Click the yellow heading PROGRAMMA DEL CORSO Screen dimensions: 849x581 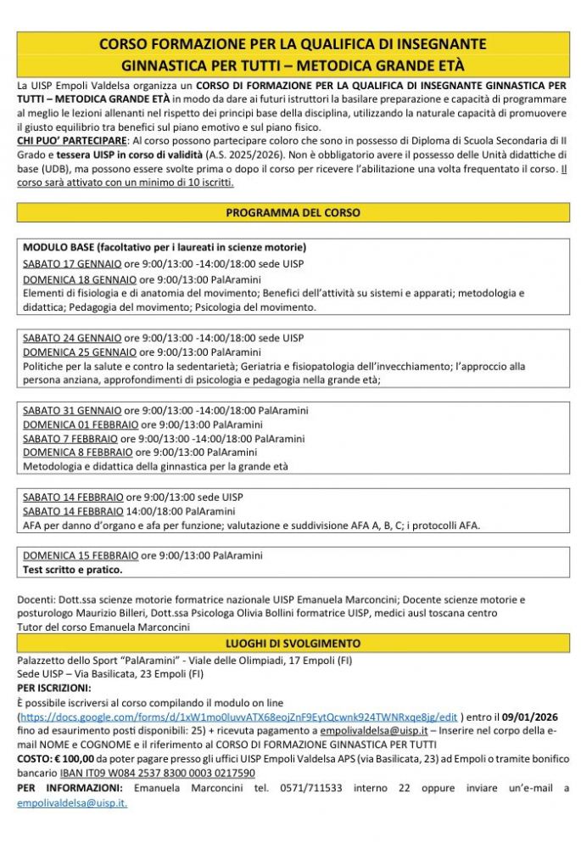click(293, 212)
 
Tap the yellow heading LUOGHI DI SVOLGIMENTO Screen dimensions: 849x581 click(293, 644)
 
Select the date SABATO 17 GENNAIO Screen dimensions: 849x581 click(72, 264)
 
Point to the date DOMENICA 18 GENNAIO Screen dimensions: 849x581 click(79, 279)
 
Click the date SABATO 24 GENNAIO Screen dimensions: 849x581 click(72, 338)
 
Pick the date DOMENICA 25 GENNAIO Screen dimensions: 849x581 click(79, 352)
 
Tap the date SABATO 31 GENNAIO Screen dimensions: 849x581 click(72, 411)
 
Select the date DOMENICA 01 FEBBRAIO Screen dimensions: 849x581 click(81, 424)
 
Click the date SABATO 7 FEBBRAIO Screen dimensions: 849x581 click(70, 439)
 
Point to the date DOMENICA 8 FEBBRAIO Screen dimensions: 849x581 click(77, 453)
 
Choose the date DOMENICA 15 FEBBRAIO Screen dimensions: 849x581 click(81, 555)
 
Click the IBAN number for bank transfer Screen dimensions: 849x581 click(157, 773)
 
